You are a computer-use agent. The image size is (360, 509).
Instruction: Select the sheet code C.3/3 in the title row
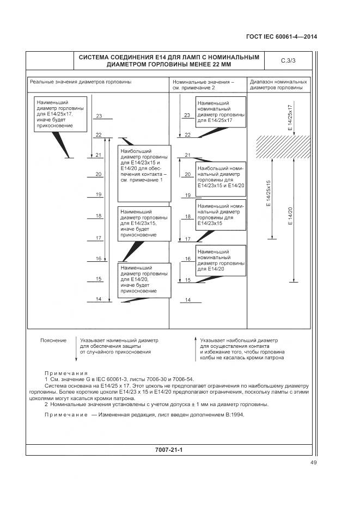(288, 60)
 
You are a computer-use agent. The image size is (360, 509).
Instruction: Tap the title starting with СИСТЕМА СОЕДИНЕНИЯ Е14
(169, 60)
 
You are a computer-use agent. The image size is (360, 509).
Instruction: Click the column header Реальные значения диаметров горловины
(81, 82)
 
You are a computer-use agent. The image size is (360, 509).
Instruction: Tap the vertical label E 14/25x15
(268, 194)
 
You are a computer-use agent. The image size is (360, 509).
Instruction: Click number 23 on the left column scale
(99, 116)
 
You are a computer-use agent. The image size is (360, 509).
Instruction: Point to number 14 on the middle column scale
(187, 300)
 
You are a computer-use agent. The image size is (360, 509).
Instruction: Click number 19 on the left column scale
(99, 194)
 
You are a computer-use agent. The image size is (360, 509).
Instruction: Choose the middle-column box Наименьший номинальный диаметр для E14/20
(221, 260)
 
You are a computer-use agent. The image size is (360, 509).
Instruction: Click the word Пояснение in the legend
(53, 340)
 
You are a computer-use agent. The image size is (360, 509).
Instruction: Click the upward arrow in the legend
(195, 348)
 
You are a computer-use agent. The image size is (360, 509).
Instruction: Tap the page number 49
(313, 463)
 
